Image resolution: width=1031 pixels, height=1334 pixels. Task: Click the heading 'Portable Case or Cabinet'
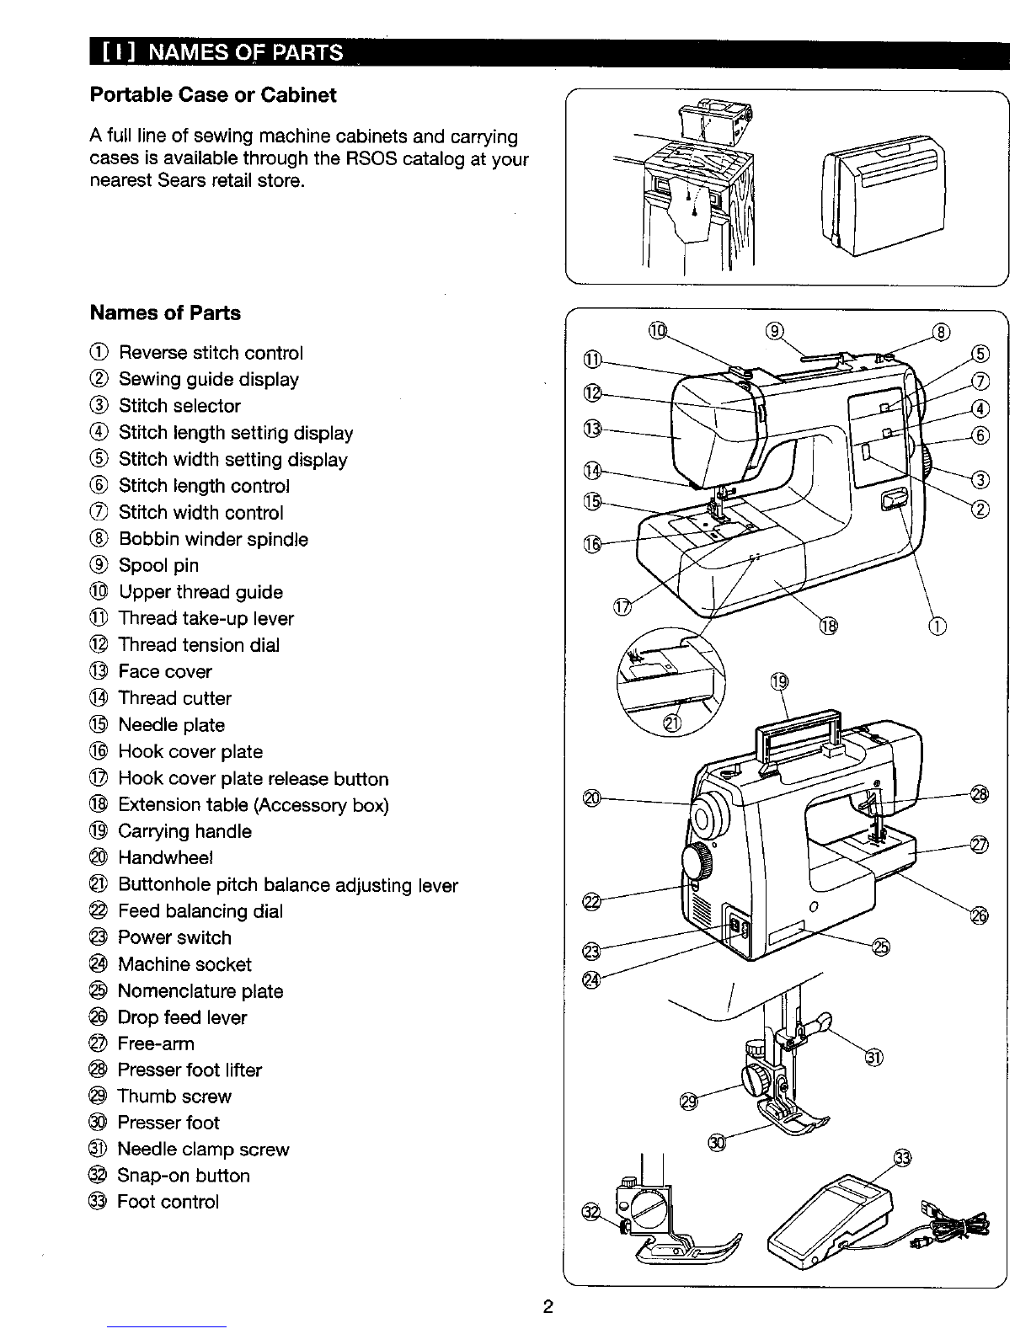pyautogui.click(x=213, y=95)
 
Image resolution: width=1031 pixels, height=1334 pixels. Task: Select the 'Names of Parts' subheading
pyautogui.click(x=165, y=312)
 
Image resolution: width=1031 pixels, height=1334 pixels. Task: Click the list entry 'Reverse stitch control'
pyautogui.click(x=211, y=353)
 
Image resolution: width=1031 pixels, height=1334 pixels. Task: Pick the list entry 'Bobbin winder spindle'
pyautogui.click(x=213, y=539)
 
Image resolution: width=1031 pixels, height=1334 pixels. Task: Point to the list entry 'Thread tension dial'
pyautogui.click(x=199, y=644)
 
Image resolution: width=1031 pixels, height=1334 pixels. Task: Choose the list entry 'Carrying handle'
pyautogui.click(x=184, y=831)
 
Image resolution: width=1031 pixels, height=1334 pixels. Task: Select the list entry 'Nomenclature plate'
pyautogui.click(x=200, y=991)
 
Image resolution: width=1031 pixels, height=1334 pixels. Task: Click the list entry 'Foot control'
pyautogui.click(x=168, y=1202)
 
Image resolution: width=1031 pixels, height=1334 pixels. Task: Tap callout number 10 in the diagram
pyautogui.click(x=657, y=331)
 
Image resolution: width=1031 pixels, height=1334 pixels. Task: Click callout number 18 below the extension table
pyautogui.click(x=828, y=627)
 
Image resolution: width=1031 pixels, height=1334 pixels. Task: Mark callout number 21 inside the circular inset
pyautogui.click(x=672, y=723)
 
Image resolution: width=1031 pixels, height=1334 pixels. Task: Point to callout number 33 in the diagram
pyautogui.click(x=902, y=1158)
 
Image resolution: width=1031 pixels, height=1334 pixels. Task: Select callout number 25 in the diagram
pyautogui.click(x=881, y=947)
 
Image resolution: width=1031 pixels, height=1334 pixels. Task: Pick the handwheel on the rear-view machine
pyautogui.click(x=708, y=815)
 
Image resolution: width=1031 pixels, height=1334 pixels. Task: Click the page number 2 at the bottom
pyautogui.click(x=548, y=1306)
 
